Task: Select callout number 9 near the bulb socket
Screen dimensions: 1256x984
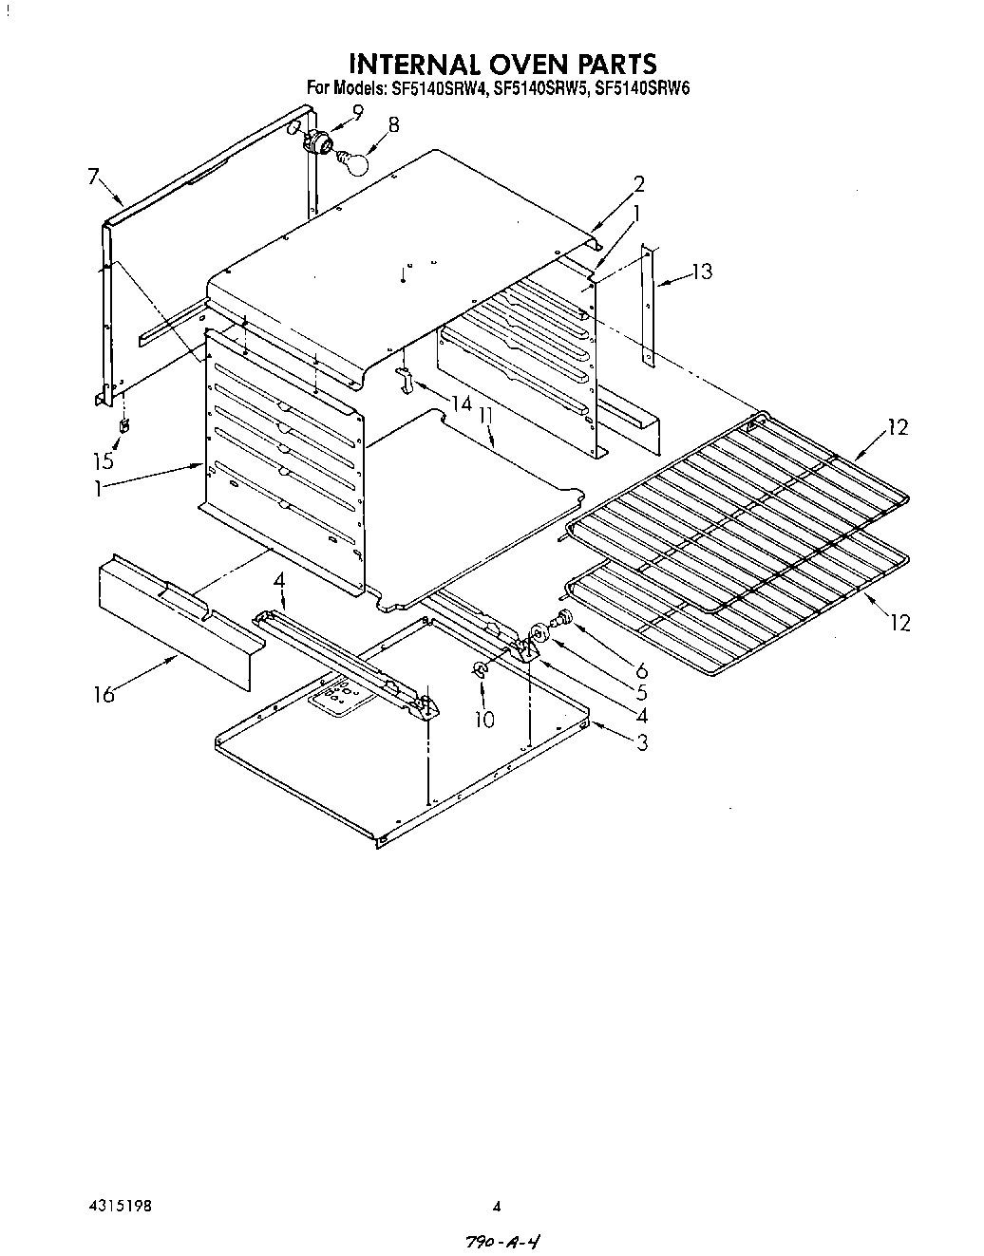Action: pyautogui.click(x=357, y=112)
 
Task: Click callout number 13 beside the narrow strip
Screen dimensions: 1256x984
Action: pyautogui.click(x=701, y=272)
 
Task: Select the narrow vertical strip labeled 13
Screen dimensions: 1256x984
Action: pyautogui.click(x=649, y=304)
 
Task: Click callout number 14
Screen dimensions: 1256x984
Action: pyautogui.click(x=461, y=403)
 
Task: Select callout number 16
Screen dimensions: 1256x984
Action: pyautogui.click(x=104, y=694)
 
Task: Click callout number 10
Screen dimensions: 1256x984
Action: pyautogui.click(x=484, y=720)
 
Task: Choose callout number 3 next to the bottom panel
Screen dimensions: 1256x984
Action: pyautogui.click(x=642, y=742)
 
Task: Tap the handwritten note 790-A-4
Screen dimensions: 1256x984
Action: pyautogui.click(x=505, y=1241)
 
